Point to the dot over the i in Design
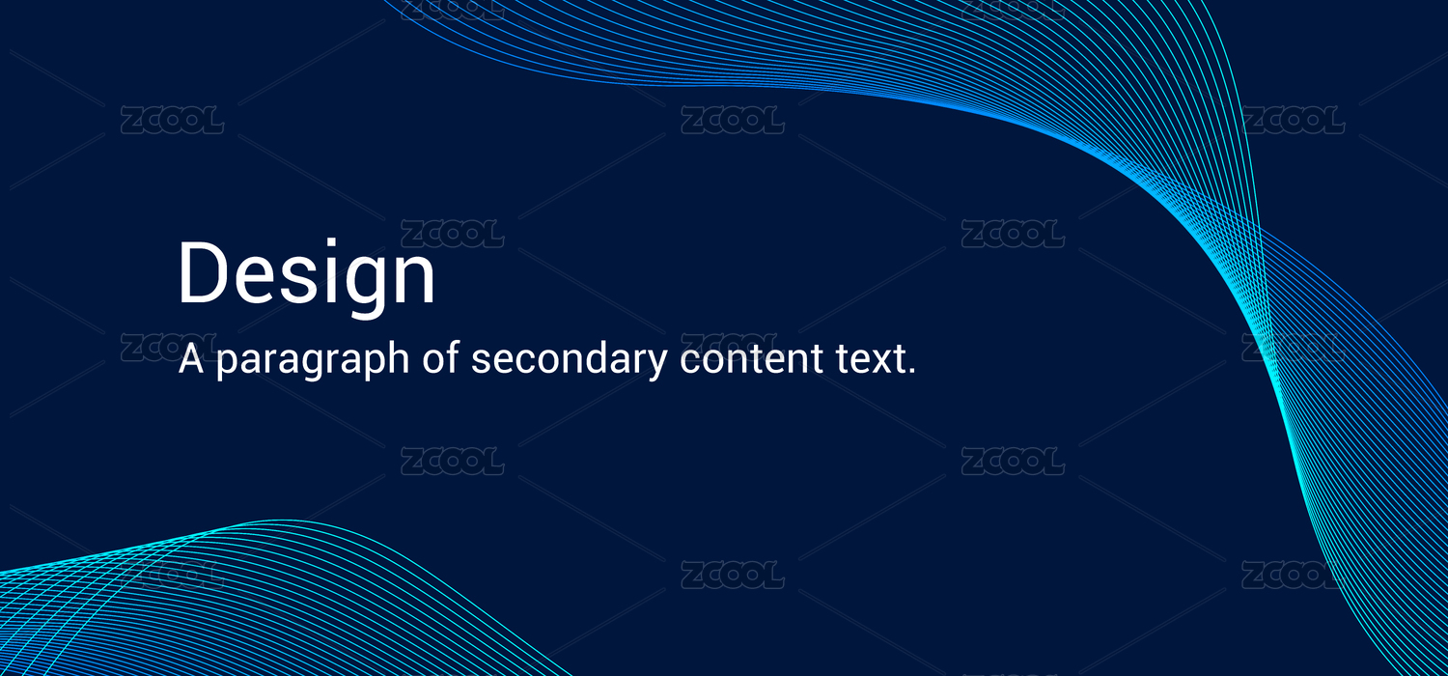point(332,243)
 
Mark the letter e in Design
point(253,280)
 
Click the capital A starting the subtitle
point(191,359)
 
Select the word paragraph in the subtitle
point(313,360)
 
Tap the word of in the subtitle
point(440,357)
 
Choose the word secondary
point(569,360)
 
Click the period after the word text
point(911,371)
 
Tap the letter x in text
point(877,363)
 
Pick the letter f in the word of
point(452,357)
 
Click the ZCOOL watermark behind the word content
point(732,347)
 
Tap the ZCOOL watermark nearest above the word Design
point(452,234)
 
